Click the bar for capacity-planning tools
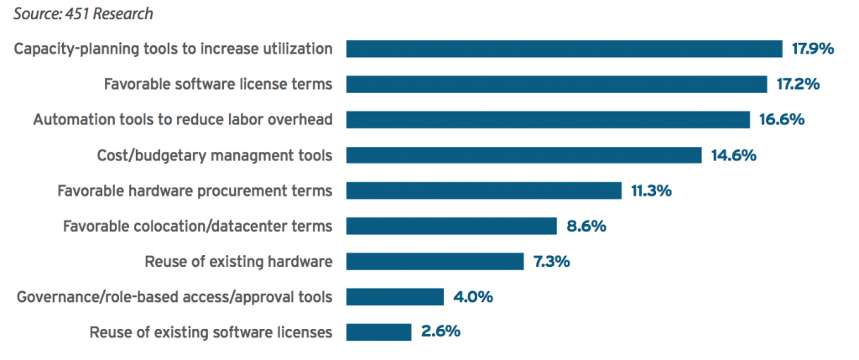pos(564,49)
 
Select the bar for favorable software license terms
pos(556,84)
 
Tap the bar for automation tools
pos(548,119)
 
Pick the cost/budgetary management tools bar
pos(523,155)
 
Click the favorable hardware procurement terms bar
pos(483,190)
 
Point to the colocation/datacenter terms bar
pos(451,226)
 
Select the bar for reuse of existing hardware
pos(435,261)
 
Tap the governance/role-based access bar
pos(394,296)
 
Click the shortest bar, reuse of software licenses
pos(378,331)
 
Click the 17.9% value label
pos(813,49)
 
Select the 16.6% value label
pos(782,119)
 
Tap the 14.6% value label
pos(733,155)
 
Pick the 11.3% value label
pos(651,190)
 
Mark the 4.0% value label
pos(473,296)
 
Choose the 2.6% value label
pos(440,331)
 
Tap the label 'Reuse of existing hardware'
pos(238,262)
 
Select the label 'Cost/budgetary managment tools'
pos(215,155)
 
